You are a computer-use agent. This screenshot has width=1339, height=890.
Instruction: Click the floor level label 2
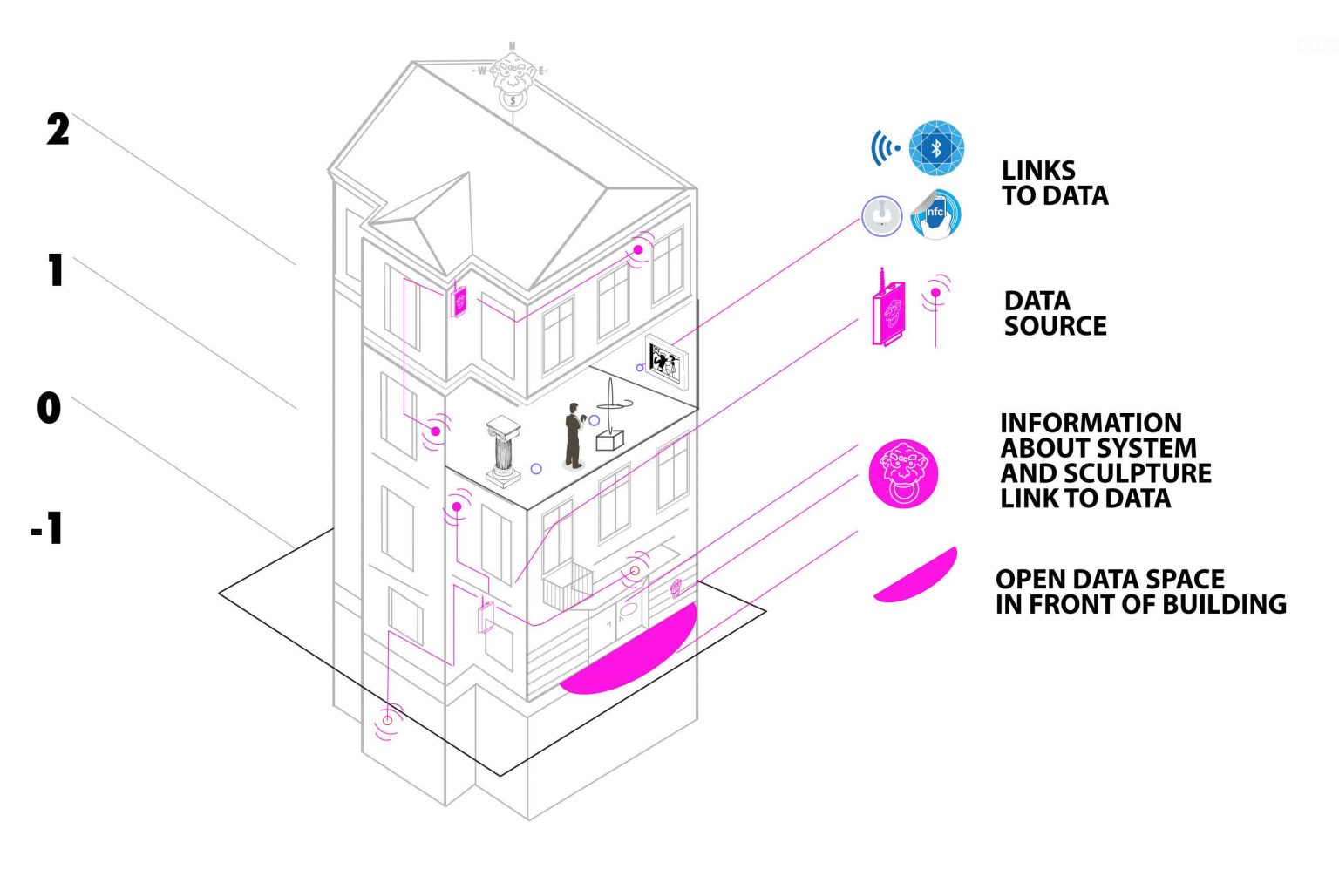pos(58,130)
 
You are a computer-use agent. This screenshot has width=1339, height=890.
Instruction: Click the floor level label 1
pos(56,270)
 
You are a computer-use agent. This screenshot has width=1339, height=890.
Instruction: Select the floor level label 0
pos(49,408)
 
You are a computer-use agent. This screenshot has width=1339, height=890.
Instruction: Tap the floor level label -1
pos(47,528)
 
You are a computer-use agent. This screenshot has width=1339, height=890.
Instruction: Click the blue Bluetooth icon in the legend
pos(936,148)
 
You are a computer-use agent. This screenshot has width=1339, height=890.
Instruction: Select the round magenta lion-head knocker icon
pos(904,474)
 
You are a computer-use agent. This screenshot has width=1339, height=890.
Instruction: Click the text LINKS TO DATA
pos(1054,183)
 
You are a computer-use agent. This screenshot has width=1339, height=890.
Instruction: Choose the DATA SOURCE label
pos(1055,313)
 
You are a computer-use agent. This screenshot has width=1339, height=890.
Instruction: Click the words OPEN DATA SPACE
pos(1110,579)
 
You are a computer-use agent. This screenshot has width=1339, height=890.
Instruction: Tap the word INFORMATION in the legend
pos(1091,423)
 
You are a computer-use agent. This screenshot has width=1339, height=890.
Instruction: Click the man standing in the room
pos(573,434)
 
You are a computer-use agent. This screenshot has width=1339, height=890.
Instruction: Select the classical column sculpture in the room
pos(504,449)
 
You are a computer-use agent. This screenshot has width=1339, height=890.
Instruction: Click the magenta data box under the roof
pos(458,301)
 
